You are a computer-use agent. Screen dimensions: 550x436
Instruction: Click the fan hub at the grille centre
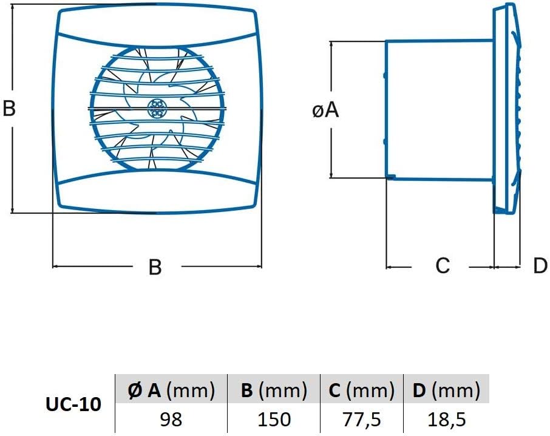click(x=157, y=108)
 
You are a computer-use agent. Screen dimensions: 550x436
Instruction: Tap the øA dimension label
click(x=325, y=110)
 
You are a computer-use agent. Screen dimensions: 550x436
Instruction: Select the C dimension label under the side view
click(x=443, y=265)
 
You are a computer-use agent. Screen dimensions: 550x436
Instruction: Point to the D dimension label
click(x=540, y=265)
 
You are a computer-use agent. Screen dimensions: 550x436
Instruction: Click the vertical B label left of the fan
click(x=8, y=107)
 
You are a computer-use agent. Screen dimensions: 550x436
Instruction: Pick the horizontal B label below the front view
click(x=155, y=267)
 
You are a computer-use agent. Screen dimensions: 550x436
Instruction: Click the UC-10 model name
click(x=73, y=404)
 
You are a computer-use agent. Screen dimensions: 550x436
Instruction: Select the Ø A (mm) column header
click(x=171, y=390)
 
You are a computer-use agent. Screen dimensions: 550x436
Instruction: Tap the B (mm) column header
click(x=274, y=390)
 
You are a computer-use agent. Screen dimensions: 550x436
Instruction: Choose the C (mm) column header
click(x=362, y=390)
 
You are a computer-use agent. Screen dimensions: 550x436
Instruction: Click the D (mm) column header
click(x=446, y=390)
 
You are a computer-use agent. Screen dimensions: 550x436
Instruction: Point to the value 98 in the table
click(x=171, y=419)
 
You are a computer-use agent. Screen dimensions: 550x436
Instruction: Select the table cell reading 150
click(x=274, y=419)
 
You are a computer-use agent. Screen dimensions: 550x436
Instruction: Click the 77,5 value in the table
click(x=361, y=419)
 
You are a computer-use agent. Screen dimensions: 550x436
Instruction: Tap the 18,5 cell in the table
click(x=447, y=419)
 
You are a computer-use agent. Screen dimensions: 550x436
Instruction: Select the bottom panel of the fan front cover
click(x=157, y=191)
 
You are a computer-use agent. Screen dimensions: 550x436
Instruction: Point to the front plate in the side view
click(x=506, y=109)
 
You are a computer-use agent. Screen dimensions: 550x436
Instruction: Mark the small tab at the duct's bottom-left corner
click(x=391, y=177)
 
